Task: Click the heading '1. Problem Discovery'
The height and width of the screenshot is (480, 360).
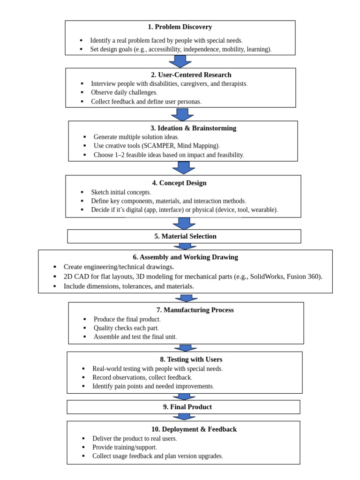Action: [x=180, y=27]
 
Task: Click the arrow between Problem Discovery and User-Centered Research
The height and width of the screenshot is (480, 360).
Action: [x=180, y=61]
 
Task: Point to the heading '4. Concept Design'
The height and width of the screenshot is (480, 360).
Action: [x=179, y=183]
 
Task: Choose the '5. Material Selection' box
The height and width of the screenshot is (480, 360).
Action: [x=185, y=236]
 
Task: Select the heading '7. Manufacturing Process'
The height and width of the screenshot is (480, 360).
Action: [x=195, y=310]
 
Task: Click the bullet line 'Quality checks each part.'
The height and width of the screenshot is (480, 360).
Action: [x=126, y=328]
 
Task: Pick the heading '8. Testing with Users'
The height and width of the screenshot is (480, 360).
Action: [x=191, y=360]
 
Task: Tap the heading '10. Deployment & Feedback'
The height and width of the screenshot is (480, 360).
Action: [x=194, y=429]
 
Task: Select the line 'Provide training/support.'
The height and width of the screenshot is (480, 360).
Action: [x=124, y=447]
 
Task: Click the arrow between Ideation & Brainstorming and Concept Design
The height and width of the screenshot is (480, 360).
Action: [x=184, y=168]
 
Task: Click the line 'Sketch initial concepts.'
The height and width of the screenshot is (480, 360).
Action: [x=121, y=192]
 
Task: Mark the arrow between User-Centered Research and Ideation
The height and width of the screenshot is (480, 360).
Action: [x=182, y=114]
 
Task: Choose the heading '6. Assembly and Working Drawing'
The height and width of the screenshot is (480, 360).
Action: [x=185, y=257]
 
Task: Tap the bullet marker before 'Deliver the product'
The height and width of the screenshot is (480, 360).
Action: [x=83, y=439]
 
